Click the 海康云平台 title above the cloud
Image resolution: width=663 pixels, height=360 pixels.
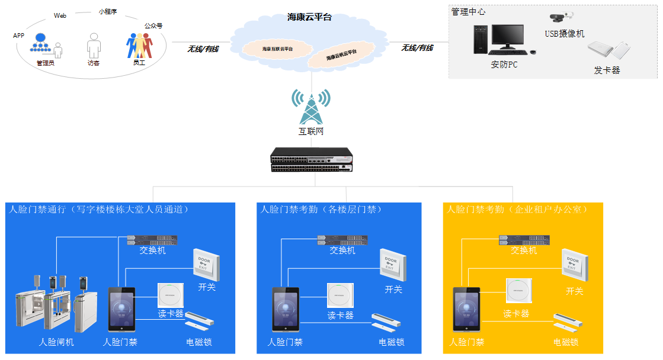(309, 17)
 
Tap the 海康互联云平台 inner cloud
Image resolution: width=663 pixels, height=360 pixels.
(277, 49)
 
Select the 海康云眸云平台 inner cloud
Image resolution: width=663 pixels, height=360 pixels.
(341, 56)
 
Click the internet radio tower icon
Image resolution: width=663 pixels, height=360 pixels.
(311, 107)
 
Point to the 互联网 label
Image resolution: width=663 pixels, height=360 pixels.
(311, 131)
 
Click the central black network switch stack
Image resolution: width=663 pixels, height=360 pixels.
(312, 160)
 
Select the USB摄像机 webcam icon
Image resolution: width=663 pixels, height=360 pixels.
(562, 18)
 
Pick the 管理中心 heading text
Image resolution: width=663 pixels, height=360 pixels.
(469, 11)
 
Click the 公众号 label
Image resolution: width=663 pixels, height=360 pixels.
(153, 26)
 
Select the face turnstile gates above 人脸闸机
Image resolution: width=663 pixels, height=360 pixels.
(56, 302)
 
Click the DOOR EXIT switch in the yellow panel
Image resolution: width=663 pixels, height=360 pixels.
(575, 265)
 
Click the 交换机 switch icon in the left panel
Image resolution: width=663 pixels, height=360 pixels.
(152, 239)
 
